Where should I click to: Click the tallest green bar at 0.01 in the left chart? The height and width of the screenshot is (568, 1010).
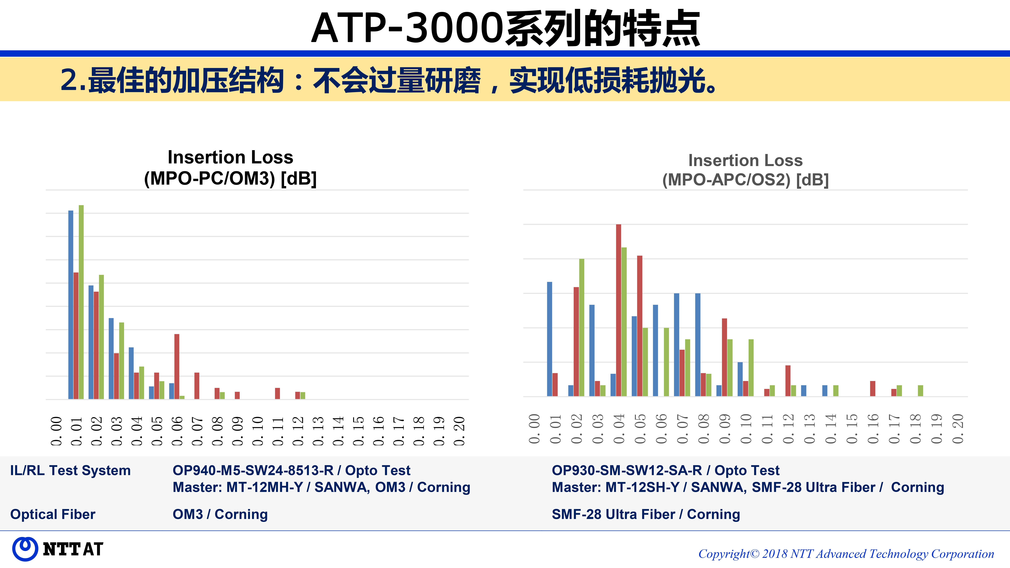click(81, 302)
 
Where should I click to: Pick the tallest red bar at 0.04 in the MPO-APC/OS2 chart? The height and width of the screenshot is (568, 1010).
click(618, 310)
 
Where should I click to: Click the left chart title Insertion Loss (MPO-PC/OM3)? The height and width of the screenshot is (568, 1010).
click(230, 168)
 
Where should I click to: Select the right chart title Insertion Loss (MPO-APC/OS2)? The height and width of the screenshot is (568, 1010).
click(745, 170)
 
